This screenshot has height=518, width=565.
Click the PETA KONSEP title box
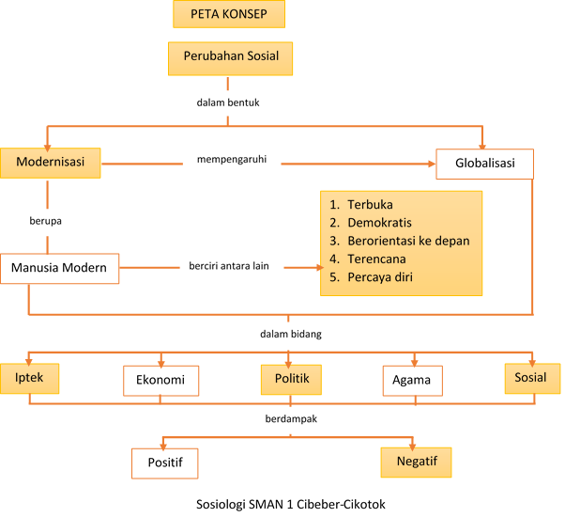pyautogui.click(x=229, y=15)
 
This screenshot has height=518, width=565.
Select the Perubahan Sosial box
pyautogui.click(x=230, y=57)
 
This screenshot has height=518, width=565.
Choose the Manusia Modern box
pyautogui.click(x=60, y=269)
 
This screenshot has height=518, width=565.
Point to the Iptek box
pyautogui.click(x=29, y=378)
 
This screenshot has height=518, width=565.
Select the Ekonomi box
pyautogui.click(x=161, y=381)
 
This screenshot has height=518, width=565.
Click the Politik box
pyautogui.click(x=292, y=379)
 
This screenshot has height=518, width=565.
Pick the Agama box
pyautogui.click(x=412, y=381)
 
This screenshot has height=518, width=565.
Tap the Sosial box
pyautogui.click(x=531, y=378)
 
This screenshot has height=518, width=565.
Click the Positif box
pyautogui.click(x=165, y=463)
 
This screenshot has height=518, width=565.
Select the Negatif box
pyautogui.click(x=416, y=462)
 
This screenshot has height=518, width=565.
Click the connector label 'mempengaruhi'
pyautogui.click(x=232, y=160)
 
